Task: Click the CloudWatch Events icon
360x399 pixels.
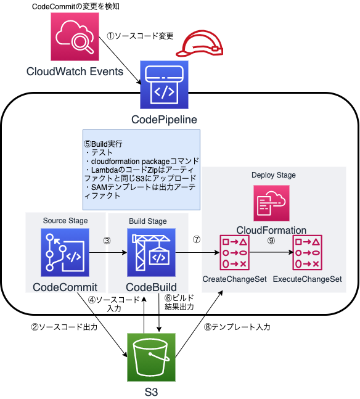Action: (73, 37)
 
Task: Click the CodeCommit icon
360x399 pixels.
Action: (65, 252)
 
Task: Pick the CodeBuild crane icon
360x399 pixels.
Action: (150, 252)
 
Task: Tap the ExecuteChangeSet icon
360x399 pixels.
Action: (306, 253)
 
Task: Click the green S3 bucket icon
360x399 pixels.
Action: (151, 358)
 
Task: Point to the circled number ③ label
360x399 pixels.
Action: (107, 241)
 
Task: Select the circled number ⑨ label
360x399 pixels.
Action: (272, 241)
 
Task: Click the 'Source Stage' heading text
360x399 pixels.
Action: (65, 221)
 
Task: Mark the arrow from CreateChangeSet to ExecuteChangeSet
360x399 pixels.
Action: (272, 253)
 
